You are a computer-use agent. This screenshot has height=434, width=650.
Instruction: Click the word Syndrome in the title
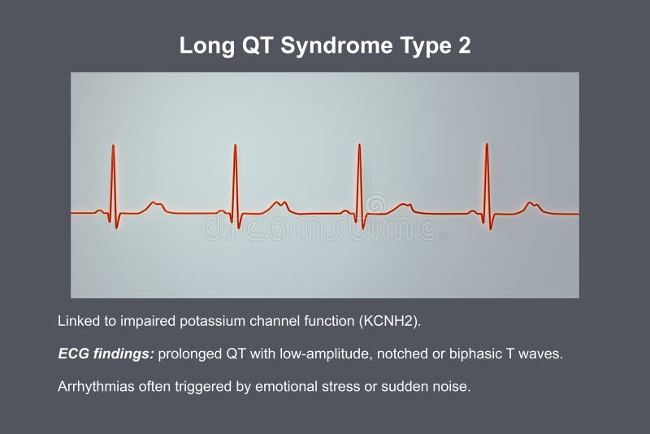[334, 46]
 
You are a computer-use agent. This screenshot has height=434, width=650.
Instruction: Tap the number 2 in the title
[464, 46]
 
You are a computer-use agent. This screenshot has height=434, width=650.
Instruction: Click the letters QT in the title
[259, 46]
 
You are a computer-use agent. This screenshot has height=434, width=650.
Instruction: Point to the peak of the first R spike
[113, 146]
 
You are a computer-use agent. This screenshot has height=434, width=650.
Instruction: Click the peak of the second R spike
[235, 146]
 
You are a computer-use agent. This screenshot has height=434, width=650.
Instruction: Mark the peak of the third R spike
[359, 145]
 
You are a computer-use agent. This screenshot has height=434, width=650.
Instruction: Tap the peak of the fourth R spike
[487, 145]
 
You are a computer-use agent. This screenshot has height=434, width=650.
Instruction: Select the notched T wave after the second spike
[279, 203]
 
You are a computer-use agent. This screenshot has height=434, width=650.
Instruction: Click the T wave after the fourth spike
[531, 204]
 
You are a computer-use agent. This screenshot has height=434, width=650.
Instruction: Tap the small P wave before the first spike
[99, 211]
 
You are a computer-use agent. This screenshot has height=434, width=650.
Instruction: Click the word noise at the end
[451, 387]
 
